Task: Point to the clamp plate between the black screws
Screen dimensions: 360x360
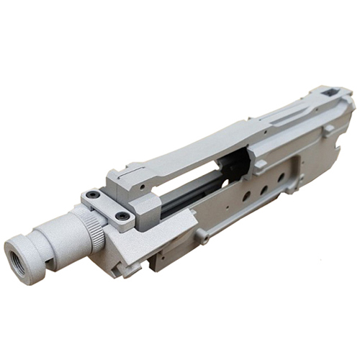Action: (108, 205)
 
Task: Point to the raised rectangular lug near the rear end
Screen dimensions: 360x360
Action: (328, 130)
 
